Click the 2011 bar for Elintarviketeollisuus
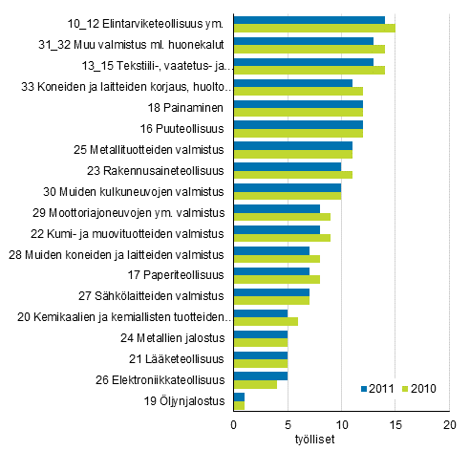point(309,20)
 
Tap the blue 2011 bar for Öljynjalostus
point(239,397)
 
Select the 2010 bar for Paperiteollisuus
point(277,280)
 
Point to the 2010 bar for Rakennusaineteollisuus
point(293,175)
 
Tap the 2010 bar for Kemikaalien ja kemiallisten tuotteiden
point(266,322)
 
